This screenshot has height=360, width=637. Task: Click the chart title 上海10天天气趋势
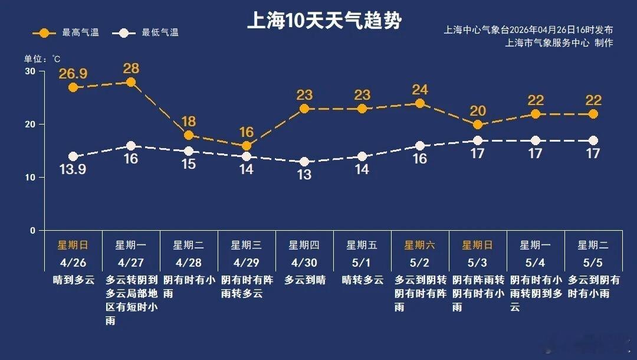click(x=324, y=21)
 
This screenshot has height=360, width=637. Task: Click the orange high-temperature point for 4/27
click(x=131, y=82)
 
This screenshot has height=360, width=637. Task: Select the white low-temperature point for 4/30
click(x=304, y=162)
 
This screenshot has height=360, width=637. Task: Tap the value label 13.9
click(x=73, y=170)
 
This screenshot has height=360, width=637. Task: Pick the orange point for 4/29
click(x=247, y=146)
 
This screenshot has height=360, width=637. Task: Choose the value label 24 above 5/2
click(x=420, y=90)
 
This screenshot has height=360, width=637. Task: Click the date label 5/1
click(x=362, y=261)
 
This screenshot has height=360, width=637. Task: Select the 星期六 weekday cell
click(x=419, y=245)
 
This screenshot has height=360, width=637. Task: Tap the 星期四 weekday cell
click(x=304, y=245)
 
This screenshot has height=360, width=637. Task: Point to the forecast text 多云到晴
click(x=305, y=280)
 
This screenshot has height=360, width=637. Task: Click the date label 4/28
click(x=188, y=261)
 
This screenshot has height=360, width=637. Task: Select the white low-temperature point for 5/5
click(x=593, y=140)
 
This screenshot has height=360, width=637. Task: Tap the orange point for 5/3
click(x=478, y=125)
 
